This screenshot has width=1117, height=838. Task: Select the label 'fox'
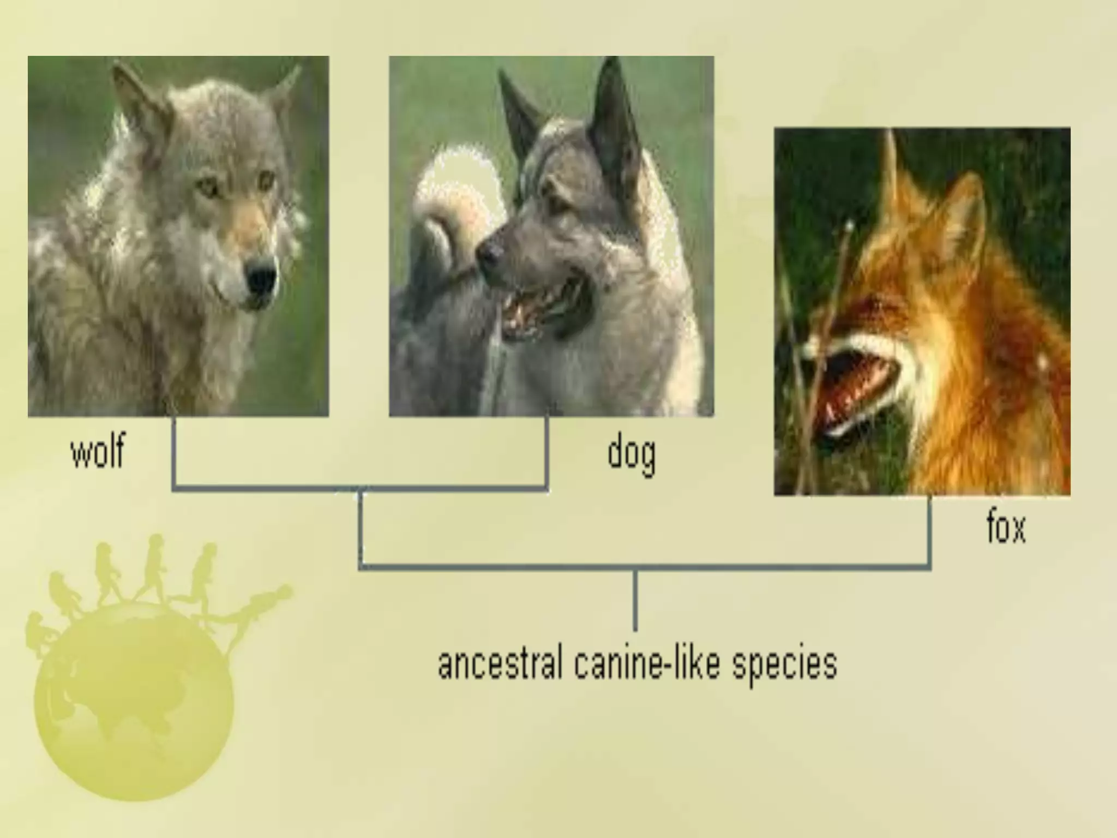[1006, 528]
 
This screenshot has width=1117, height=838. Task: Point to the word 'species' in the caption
[784, 665]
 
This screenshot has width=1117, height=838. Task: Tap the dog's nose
[490, 253]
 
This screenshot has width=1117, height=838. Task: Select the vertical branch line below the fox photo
[929, 532]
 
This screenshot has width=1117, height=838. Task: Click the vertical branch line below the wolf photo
[174, 453]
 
